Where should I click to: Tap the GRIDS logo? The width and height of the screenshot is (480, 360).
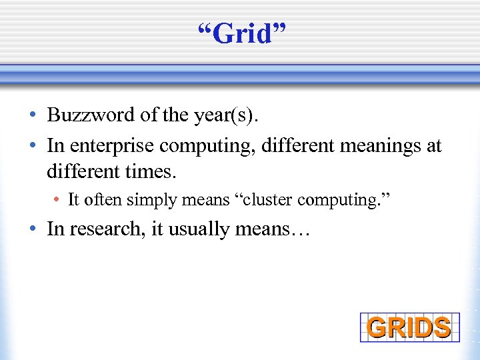(x=409, y=327)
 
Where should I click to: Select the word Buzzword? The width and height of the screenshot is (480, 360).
(x=91, y=115)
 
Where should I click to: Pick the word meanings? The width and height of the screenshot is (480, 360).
(x=367, y=146)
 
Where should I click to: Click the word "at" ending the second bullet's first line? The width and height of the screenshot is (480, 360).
(x=433, y=147)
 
